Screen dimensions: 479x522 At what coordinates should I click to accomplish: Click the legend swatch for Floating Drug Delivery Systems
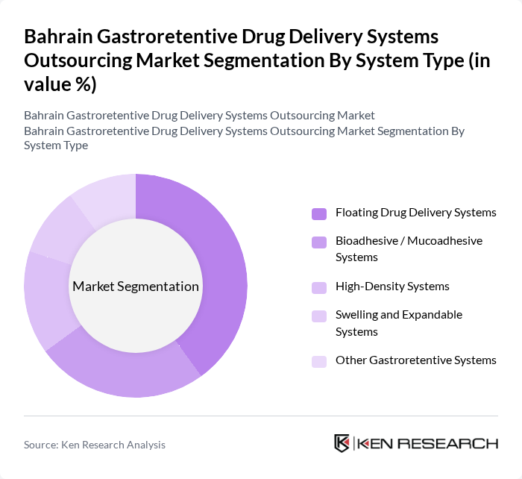(x=319, y=213)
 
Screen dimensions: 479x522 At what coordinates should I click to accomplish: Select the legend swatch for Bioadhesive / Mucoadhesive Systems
(x=319, y=242)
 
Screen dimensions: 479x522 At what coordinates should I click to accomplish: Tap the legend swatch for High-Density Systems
(x=319, y=287)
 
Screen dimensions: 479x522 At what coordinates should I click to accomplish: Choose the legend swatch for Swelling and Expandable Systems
(x=319, y=316)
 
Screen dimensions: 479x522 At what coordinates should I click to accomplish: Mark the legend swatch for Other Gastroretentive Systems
(x=319, y=361)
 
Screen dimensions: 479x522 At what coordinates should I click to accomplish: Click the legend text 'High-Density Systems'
(x=392, y=287)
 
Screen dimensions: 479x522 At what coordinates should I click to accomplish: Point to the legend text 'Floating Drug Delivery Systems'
(x=415, y=213)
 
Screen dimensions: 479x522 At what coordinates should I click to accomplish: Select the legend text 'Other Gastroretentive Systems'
(x=415, y=360)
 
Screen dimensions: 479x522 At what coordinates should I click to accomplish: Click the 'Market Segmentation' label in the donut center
(x=136, y=287)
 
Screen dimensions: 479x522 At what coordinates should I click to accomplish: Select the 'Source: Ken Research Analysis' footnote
(x=95, y=445)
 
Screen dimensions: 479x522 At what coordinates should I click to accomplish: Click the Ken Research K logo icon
(x=342, y=443)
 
